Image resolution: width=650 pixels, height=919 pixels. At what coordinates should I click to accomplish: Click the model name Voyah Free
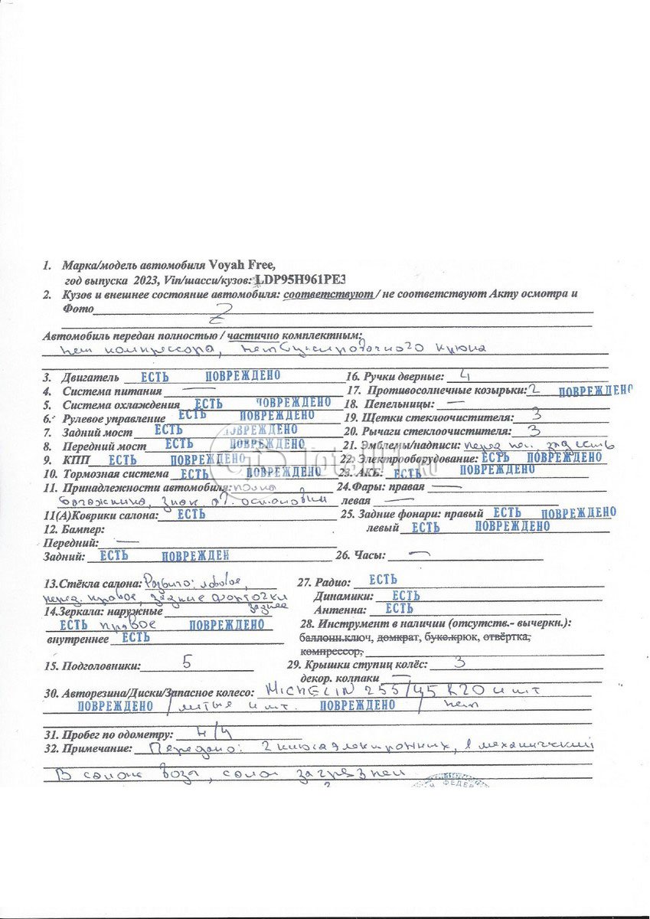[241, 265]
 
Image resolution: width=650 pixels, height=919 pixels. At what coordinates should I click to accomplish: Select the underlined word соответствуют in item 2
[328, 294]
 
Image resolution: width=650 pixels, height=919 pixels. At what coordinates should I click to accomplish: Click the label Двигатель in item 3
[90, 378]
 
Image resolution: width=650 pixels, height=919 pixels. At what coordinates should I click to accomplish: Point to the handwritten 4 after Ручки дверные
[465, 375]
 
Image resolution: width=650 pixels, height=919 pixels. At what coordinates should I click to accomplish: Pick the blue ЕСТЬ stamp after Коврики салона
[191, 515]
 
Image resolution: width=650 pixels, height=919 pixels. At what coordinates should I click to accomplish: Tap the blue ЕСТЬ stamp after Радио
[383, 581]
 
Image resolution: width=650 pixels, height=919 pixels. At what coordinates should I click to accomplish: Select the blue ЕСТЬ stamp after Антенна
[399, 609]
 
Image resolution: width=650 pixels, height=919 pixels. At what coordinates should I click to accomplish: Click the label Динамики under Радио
[344, 596]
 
